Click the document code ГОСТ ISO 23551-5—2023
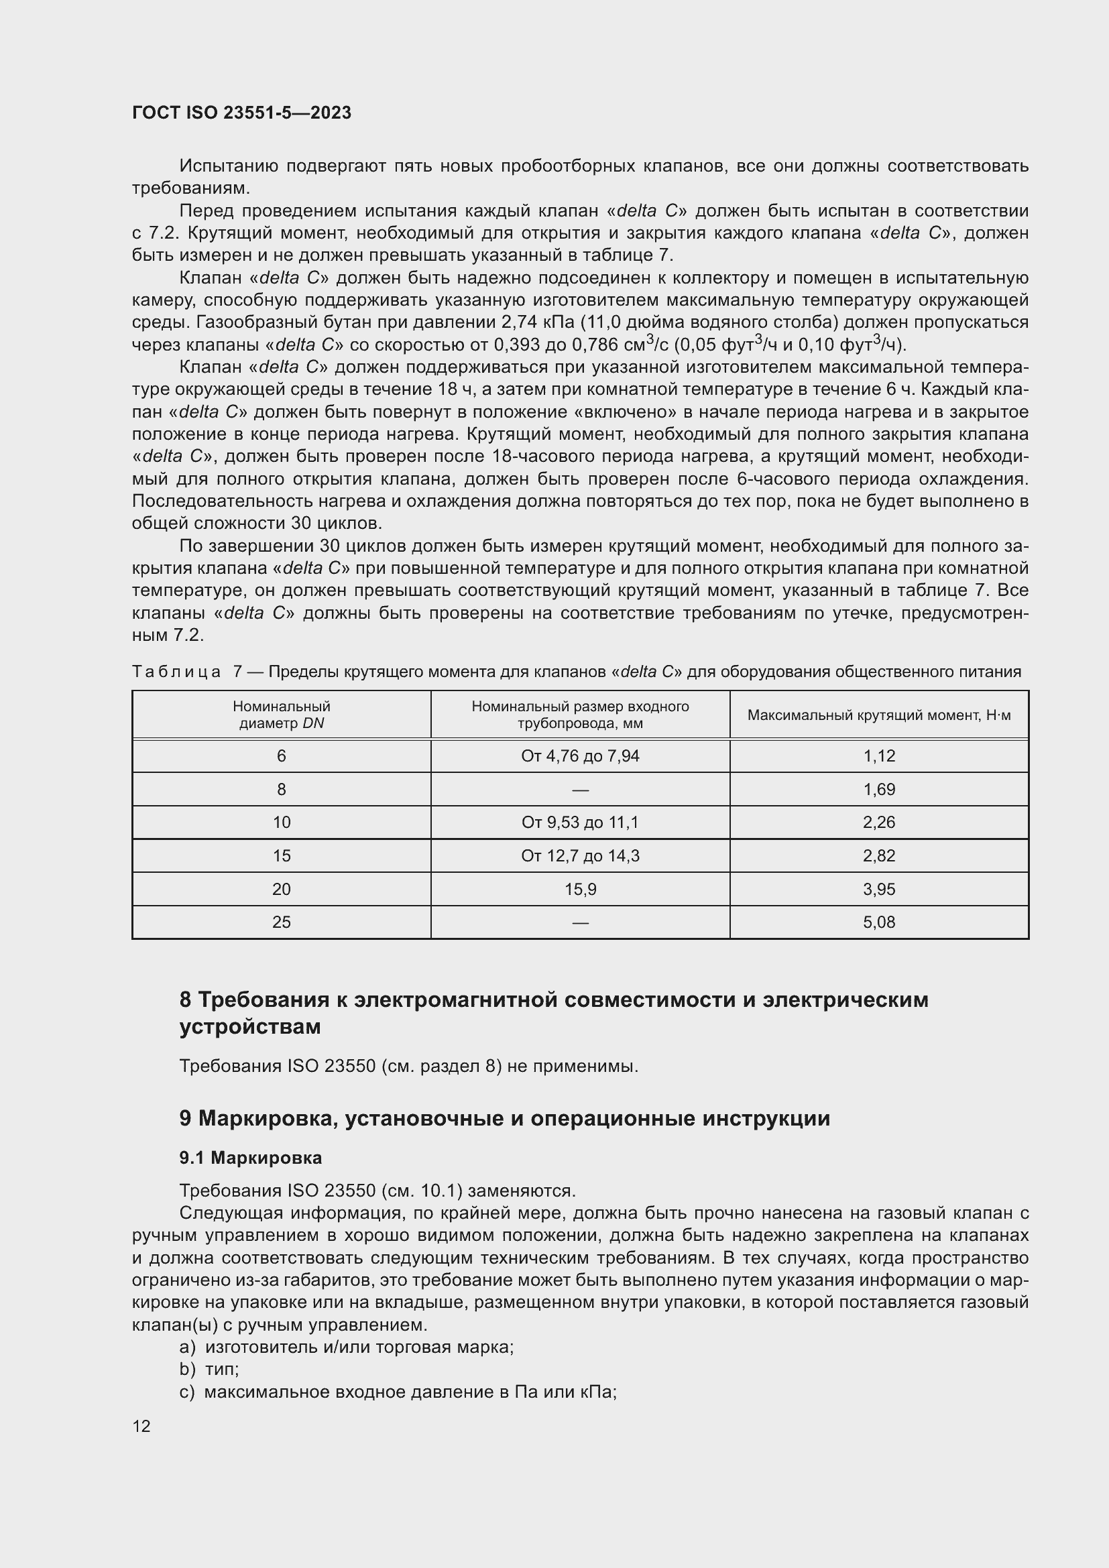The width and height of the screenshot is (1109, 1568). click(241, 113)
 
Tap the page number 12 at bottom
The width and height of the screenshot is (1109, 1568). click(141, 1426)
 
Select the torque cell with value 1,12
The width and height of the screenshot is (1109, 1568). click(878, 756)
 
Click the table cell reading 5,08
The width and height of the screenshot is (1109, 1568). click(878, 922)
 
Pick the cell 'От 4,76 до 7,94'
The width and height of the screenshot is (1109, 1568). click(580, 756)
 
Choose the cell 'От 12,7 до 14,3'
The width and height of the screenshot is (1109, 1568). click(580, 855)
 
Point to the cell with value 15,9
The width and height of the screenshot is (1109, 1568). click(580, 889)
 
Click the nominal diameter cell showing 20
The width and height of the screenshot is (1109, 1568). click(282, 889)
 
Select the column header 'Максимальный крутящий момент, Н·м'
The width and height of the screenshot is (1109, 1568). click(878, 715)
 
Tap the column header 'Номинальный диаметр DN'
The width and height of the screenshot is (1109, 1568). click(282, 715)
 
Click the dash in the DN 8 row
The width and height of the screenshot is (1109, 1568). click(580, 790)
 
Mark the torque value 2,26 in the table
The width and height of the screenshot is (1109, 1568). click(878, 823)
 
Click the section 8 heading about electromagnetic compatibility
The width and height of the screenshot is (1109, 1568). click(553, 1013)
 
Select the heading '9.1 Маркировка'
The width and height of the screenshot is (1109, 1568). click(251, 1158)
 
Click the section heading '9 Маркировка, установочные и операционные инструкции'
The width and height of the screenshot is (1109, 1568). click(504, 1119)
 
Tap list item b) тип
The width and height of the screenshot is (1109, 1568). click(210, 1370)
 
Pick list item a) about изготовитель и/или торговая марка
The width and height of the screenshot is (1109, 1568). click(347, 1347)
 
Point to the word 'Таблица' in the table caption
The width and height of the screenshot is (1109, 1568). click(176, 672)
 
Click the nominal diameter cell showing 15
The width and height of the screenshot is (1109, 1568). click(282, 855)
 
